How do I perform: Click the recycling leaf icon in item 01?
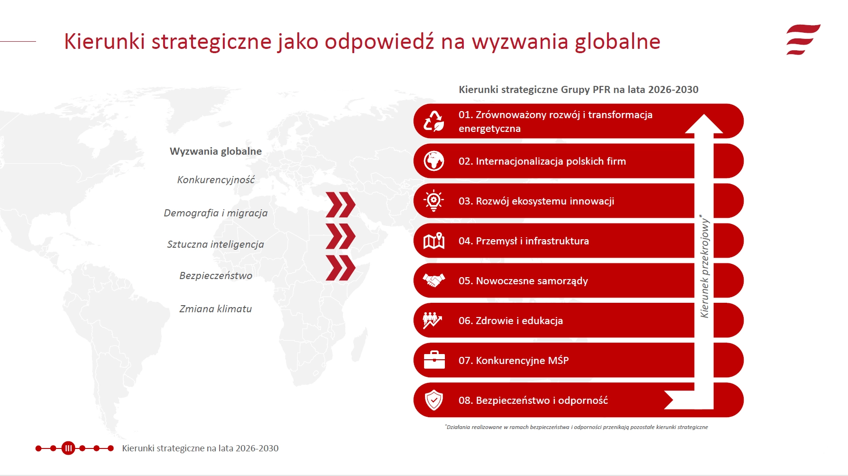point(433,121)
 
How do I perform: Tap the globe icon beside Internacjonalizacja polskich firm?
point(433,161)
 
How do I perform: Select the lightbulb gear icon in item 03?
point(433,201)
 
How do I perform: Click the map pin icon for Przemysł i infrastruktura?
point(434,241)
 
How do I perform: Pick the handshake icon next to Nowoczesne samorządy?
point(434,280)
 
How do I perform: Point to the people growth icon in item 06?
point(433,320)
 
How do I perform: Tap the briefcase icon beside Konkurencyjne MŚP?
point(434,360)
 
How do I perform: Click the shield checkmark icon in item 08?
point(433,400)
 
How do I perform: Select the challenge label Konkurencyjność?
point(216,180)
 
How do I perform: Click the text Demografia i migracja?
point(216,213)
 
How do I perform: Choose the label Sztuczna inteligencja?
point(216,244)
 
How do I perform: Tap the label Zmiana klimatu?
point(216,309)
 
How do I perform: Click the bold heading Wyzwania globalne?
point(216,151)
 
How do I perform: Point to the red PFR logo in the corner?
point(803,40)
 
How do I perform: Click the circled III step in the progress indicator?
point(68,448)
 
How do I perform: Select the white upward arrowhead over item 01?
point(704,124)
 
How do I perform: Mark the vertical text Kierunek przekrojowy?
point(705,266)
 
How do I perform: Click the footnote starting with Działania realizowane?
point(576,427)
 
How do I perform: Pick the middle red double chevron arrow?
point(341,236)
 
